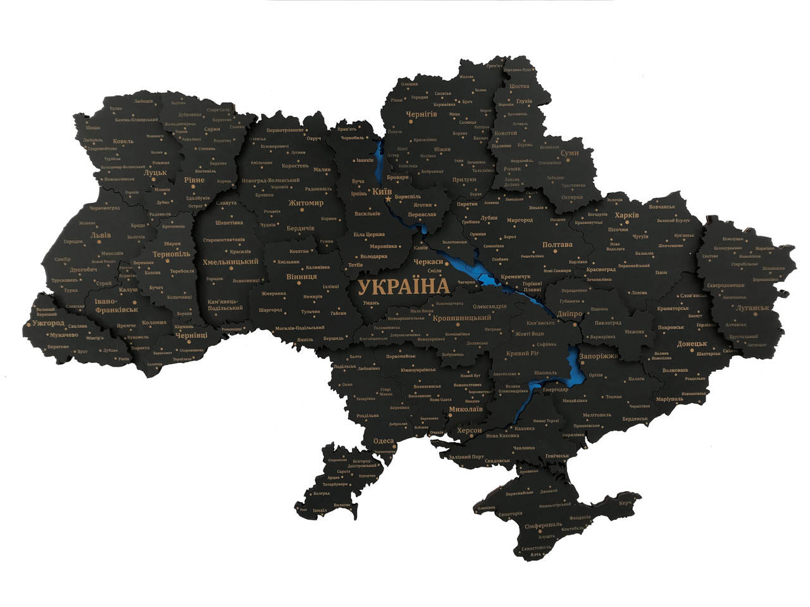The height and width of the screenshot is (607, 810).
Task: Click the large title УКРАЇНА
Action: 404,286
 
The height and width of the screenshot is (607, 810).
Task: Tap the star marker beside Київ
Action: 388,199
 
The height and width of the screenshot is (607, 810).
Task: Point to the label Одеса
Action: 383,441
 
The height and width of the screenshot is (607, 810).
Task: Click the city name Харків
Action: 627,215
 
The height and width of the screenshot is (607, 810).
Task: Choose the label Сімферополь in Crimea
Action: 544,525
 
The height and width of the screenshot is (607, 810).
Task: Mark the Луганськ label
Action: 752,308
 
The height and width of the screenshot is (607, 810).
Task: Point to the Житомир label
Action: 306,203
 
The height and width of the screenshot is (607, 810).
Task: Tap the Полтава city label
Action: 558,245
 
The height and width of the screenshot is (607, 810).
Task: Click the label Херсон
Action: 468,430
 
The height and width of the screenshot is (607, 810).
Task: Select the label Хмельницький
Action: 230,261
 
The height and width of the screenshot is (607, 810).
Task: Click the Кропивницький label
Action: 462,317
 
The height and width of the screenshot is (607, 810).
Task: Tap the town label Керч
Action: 625,503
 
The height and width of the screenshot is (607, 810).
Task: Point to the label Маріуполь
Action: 670,399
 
